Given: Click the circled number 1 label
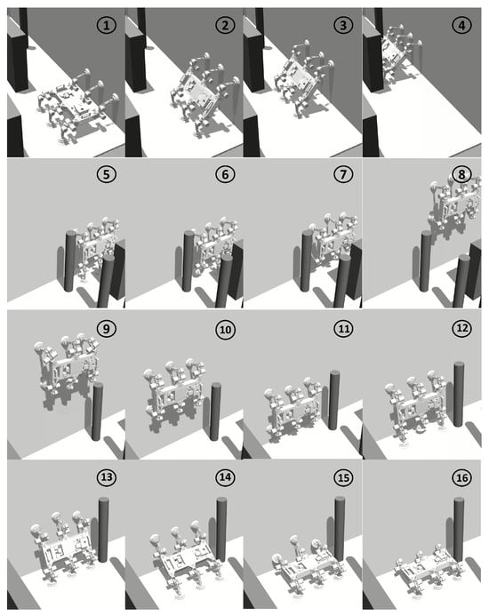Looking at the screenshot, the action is point(107,26).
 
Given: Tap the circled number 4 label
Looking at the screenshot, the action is point(461,26).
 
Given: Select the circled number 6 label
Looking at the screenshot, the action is point(225,174).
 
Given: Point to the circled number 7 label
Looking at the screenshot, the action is point(343,174).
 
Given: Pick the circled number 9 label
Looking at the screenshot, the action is point(106,328).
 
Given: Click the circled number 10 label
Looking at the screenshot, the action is point(225,329).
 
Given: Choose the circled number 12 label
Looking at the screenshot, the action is point(461,328).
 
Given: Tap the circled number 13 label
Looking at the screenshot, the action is point(107,477).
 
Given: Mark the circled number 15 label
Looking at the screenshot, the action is point(343,477).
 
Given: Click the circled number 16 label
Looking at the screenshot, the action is point(461,477).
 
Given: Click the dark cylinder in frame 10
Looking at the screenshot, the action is point(215,412).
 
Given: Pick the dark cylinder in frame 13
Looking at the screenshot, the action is point(103,530).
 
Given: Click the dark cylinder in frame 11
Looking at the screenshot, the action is point(333,399).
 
